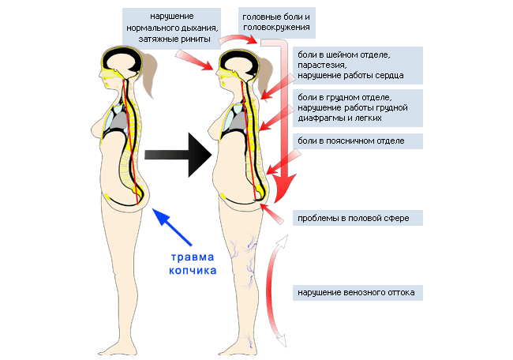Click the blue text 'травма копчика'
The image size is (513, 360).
(x=193, y=264)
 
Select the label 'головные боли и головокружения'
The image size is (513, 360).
(x=274, y=21)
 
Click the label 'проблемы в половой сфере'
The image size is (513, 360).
(x=351, y=217)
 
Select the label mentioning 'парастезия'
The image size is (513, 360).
(x=356, y=65)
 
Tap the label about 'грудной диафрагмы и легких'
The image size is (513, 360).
(x=356, y=107)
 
